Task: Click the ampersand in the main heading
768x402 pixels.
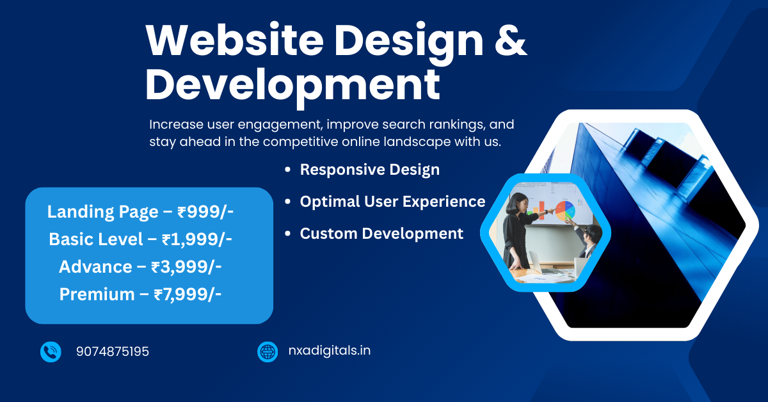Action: pos(511,40)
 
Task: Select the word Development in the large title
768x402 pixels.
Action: pos(292,86)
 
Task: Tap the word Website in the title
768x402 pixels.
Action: pos(234,39)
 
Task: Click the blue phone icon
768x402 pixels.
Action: pos(51,352)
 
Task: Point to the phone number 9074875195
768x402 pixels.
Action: pos(113,351)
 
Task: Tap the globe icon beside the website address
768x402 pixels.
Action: pos(268,352)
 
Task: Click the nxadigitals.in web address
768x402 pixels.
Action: pos(330,351)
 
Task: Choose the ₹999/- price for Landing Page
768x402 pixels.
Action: pos(205,212)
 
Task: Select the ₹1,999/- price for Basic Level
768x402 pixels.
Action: pos(197,239)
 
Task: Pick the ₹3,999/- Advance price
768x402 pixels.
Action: pos(186,267)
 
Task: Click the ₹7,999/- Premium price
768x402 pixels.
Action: pos(188,294)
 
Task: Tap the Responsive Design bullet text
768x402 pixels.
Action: pos(370,170)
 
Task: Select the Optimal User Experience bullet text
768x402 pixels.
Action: pos(392,202)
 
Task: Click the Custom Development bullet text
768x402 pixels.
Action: pos(381,234)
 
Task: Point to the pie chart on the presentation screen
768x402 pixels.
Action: pos(565,211)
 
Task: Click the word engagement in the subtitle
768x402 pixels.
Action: pos(280,125)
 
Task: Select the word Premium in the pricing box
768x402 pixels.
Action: pos(97,294)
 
